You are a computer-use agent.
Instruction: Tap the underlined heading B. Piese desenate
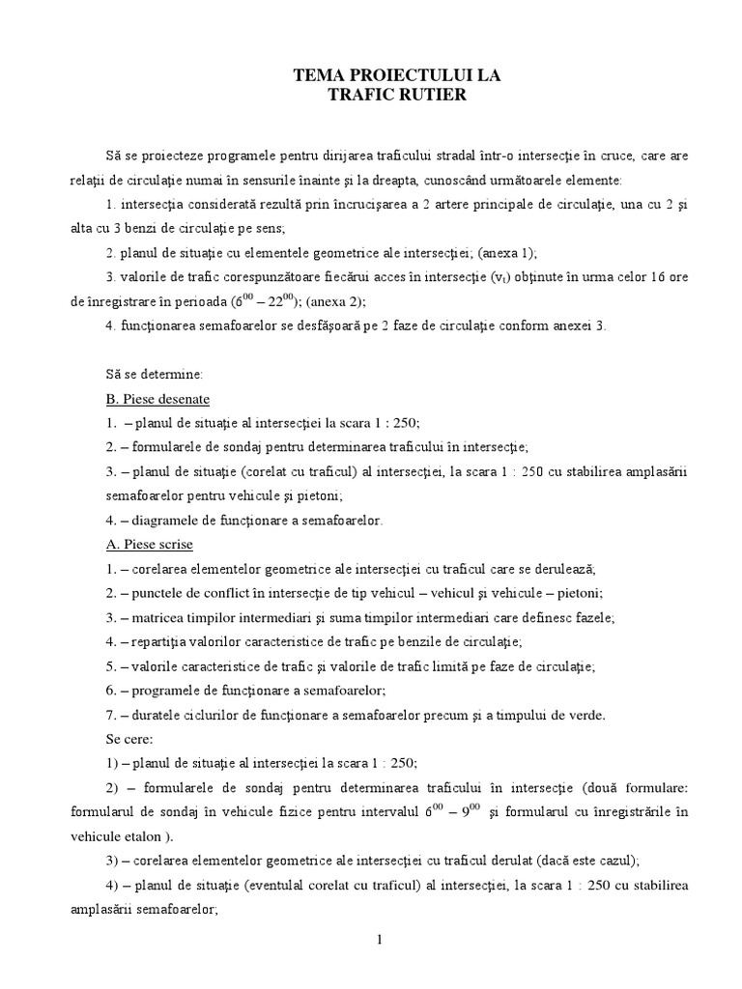(x=157, y=398)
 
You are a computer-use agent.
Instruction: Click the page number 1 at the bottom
(x=380, y=942)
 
